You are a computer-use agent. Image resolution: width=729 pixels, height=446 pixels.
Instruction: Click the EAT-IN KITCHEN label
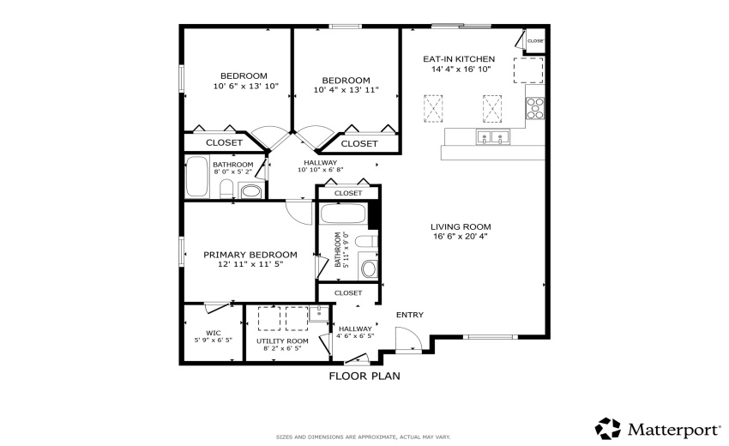click(x=459, y=59)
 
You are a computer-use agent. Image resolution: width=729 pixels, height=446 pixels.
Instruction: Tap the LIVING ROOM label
click(x=461, y=227)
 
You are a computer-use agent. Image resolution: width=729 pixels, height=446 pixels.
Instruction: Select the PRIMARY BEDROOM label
click(x=250, y=255)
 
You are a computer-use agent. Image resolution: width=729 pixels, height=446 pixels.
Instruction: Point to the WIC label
click(x=214, y=333)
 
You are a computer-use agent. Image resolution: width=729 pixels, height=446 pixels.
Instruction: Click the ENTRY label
click(x=409, y=315)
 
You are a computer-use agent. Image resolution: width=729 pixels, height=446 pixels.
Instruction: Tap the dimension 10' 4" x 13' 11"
click(x=346, y=89)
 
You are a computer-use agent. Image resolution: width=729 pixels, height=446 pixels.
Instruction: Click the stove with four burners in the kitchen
click(x=535, y=107)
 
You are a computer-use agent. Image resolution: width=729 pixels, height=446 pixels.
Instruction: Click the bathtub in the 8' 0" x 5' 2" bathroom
click(x=197, y=177)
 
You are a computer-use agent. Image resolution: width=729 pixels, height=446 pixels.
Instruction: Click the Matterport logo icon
click(x=608, y=428)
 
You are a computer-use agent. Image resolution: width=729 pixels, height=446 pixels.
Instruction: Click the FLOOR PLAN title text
click(x=364, y=376)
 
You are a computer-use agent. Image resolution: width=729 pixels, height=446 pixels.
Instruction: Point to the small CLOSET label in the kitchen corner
click(x=535, y=41)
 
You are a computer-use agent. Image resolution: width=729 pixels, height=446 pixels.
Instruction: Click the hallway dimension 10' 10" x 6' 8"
click(x=320, y=170)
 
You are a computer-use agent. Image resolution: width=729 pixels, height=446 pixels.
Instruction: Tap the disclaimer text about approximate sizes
click(x=363, y=437)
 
